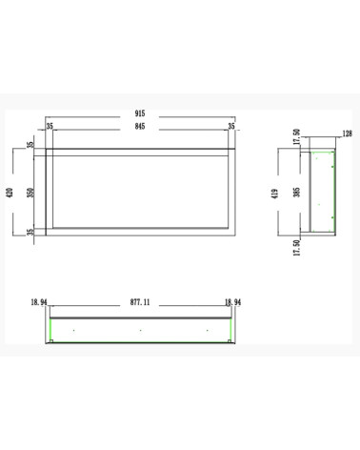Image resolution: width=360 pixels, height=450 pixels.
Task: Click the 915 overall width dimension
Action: (140, 113)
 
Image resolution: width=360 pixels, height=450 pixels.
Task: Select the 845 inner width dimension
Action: (140, 126)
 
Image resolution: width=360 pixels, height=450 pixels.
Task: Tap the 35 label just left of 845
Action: (50, 126)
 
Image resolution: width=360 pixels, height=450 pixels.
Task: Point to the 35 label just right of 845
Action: (231, 126)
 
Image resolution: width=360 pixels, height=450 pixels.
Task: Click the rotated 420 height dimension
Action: (10, 193)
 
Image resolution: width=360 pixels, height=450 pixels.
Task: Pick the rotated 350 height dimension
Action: (30, 193)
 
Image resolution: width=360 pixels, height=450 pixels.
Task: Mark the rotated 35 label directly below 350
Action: (30, 232)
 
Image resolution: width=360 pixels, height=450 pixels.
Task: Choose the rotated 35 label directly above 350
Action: (30, 145)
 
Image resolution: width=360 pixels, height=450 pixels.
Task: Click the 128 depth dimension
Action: (348, 133)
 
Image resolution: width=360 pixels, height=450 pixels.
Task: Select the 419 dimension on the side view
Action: (275, 194)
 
